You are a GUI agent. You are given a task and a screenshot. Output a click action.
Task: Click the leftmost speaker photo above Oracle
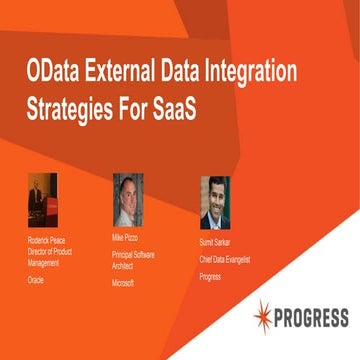(x=42, y=201)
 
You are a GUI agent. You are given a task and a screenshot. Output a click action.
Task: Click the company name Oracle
(x=37, y=282)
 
